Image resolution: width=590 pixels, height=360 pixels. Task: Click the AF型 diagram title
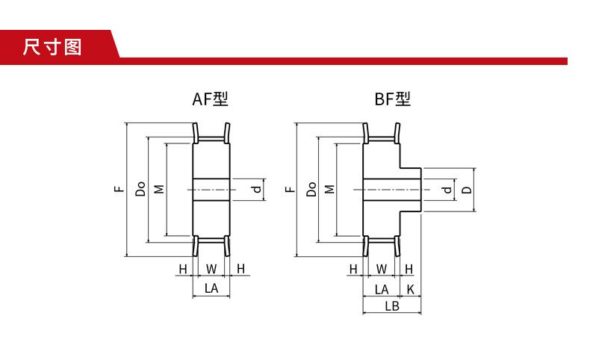coord(209,99)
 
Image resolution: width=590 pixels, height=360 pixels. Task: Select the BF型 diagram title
coord(392,99)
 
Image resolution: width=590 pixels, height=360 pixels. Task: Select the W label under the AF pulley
coord(211,268)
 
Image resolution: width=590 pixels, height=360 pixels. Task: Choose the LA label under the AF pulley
coord(211,288)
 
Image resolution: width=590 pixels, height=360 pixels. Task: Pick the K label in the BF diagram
coord(410,288)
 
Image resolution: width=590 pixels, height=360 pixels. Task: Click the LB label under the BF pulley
coord(391,306)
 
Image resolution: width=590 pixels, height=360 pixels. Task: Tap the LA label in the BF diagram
coord(382,288)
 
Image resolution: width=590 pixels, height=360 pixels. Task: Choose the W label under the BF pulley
coord(382,268)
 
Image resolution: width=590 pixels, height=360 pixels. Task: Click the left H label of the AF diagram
coord(182,268)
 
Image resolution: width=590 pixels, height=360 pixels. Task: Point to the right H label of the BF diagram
coord(409,268)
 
